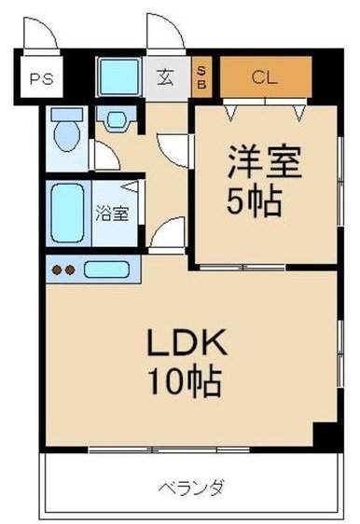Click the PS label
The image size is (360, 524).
point(41,79)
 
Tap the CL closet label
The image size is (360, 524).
point(264,77)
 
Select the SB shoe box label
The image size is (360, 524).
point(201,77)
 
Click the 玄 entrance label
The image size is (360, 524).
point(165,76)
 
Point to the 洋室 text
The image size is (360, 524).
point(265,161)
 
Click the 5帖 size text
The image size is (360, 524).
point(255,201)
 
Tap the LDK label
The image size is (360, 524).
point(187,342)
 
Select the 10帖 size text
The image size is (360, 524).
point(185,381)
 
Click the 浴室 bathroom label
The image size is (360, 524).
point(112,213)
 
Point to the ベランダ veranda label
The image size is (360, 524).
point(191,488)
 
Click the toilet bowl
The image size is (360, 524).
point(67,131)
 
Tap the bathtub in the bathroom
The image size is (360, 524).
point(67,213)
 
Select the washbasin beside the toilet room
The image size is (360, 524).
point(117,119)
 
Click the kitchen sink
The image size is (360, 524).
point(106,269)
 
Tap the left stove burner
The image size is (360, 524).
point(57,270)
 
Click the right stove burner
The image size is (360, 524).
point(70,270)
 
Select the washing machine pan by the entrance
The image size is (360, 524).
point(119,76)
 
